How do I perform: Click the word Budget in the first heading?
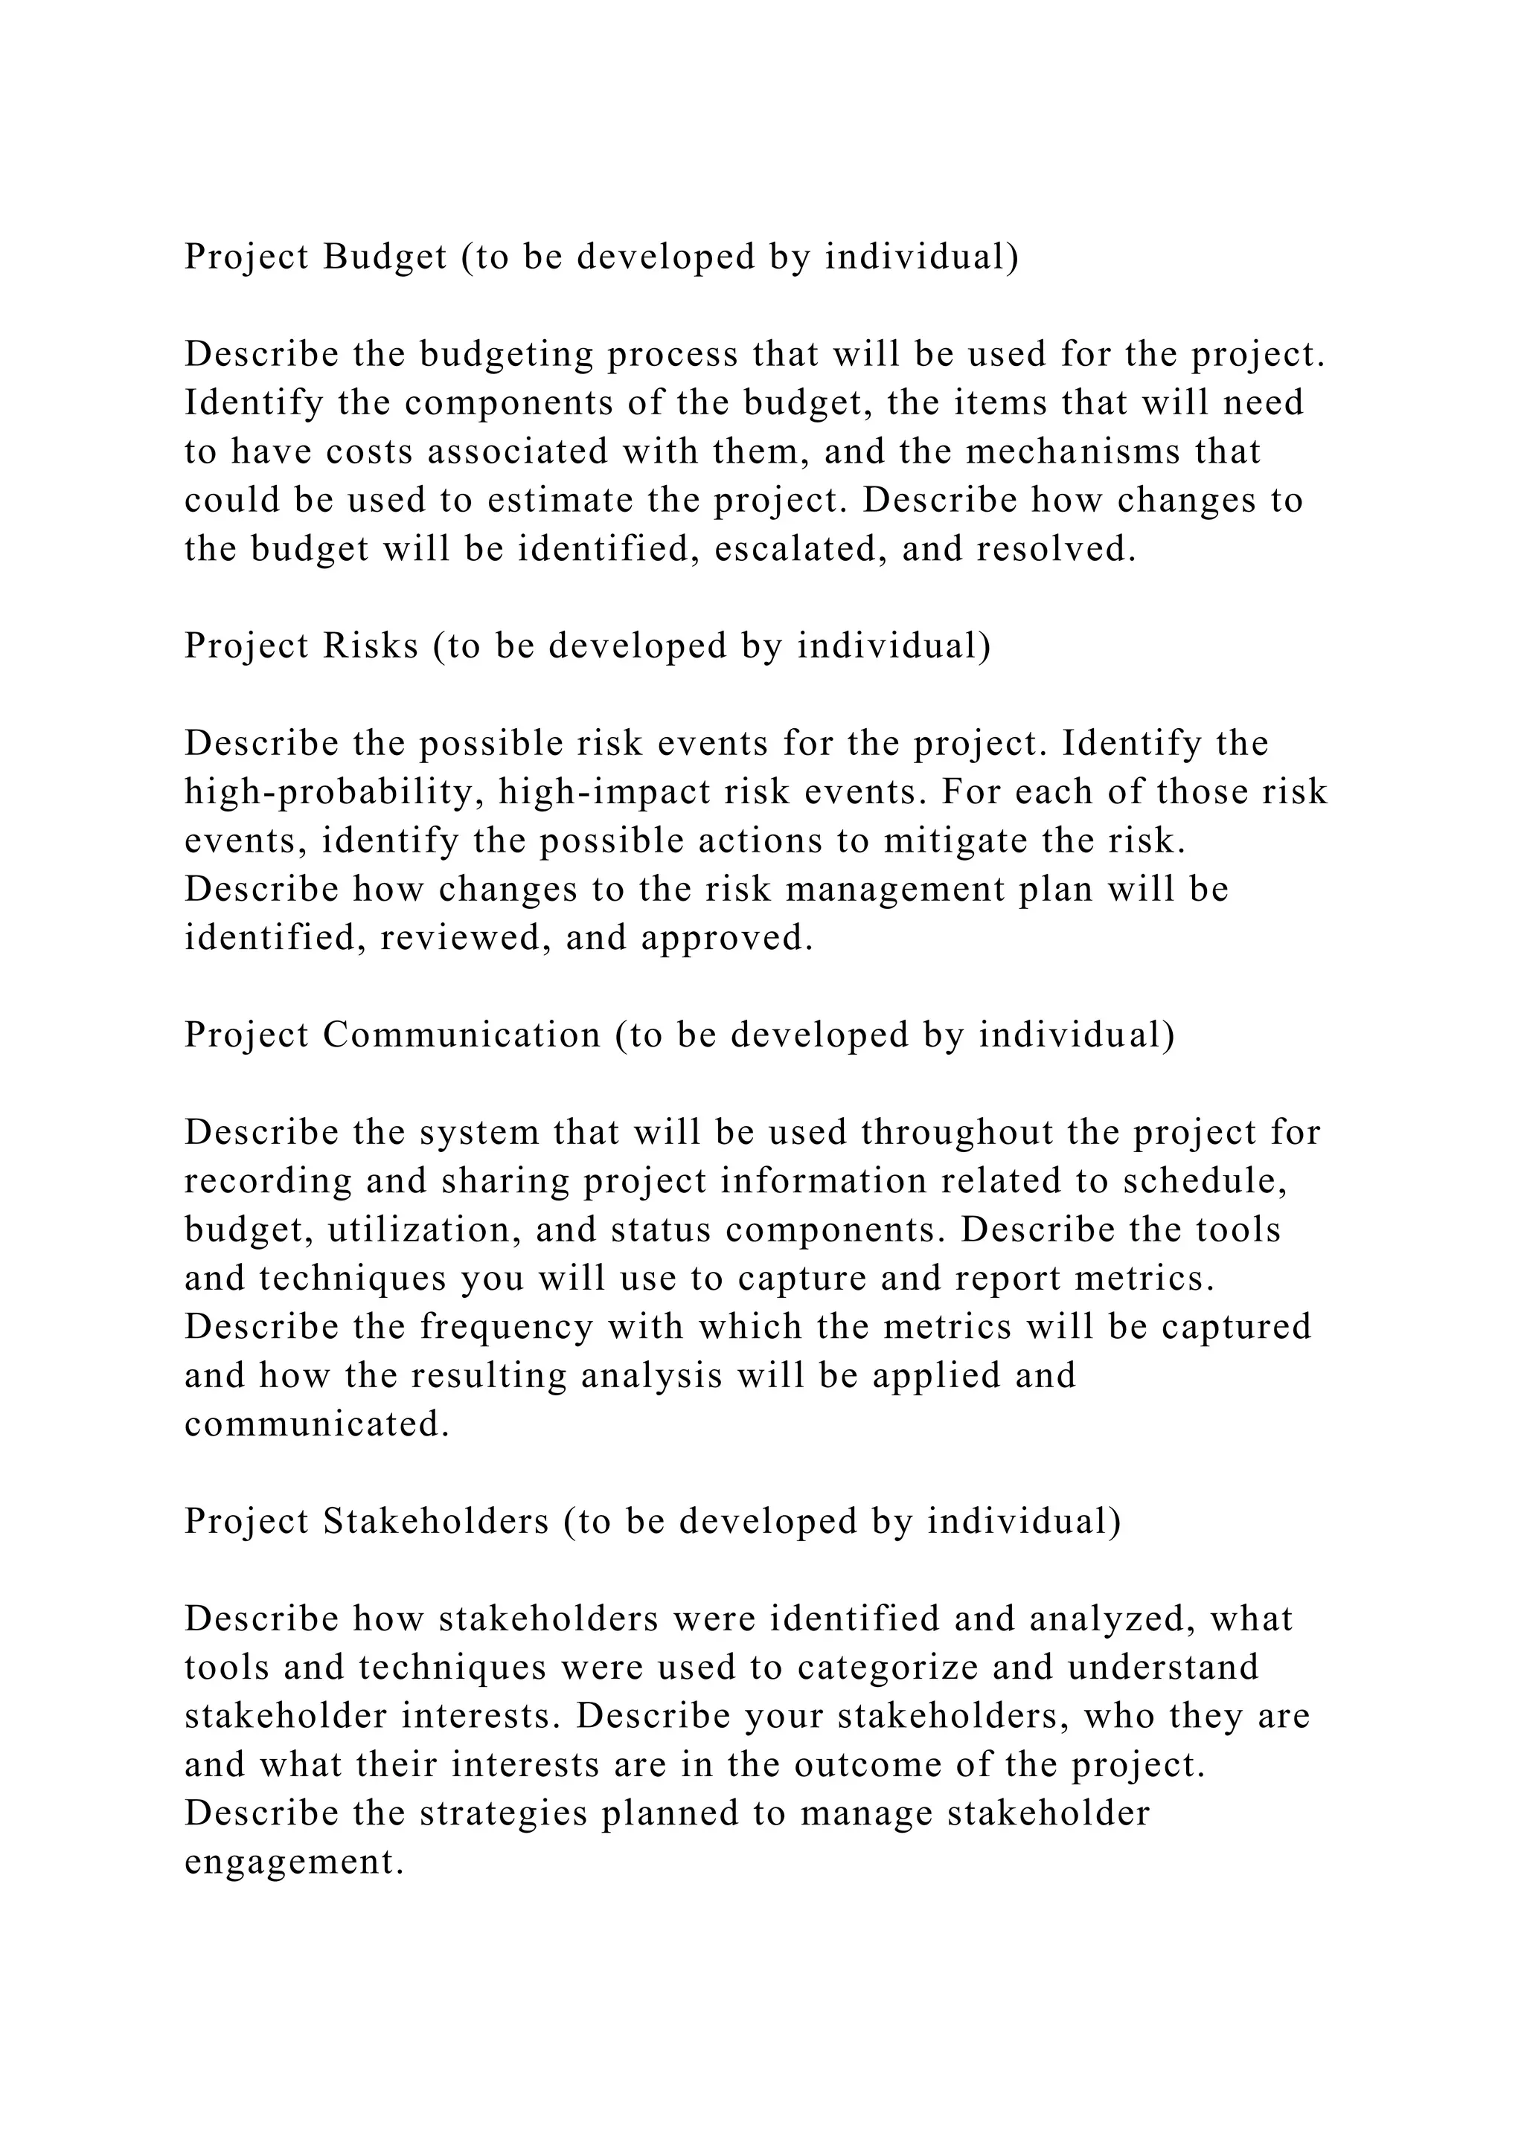[x=385, y=257]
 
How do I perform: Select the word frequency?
[x=507, y=1328]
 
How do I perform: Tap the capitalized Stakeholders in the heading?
[x=436, y=1523]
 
